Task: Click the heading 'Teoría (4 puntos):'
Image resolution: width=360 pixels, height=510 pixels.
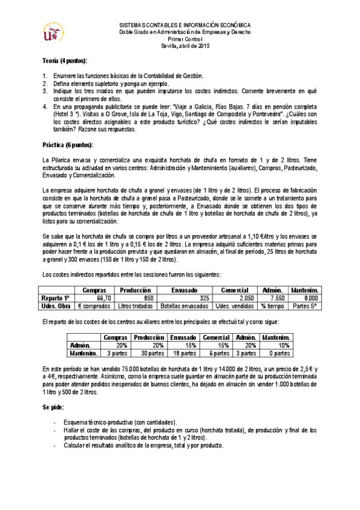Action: [x=64, y=61]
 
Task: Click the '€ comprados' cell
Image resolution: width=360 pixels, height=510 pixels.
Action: [x=95, y=306]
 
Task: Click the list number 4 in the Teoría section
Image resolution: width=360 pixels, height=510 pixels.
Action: [x=45, y=106]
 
